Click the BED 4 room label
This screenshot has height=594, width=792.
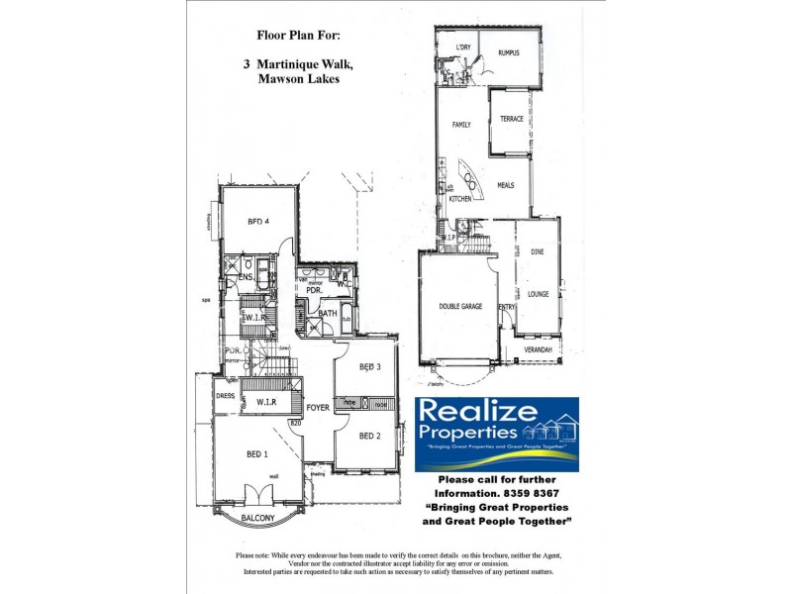click(259, 222)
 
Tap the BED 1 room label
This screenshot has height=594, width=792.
click(257, 454)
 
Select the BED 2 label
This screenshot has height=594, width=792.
click(370, 437)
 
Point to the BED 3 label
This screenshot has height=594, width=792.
click(370, 367)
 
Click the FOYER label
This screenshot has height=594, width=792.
click(318, 407)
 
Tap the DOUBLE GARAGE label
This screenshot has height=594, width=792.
click(461, 307)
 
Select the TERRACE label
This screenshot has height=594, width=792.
click(511, 119)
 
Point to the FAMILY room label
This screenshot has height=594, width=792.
click(461, 126)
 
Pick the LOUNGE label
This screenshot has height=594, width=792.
click(538, 294)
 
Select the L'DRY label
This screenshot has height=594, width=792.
click(462, 48)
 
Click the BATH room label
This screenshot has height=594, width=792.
click(328, 314)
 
